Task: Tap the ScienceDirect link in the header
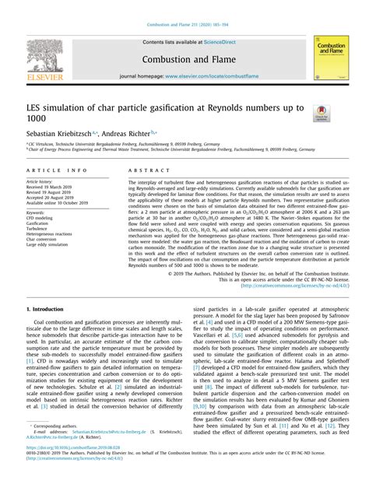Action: coord(220,43)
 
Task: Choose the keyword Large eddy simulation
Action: coord(47,244)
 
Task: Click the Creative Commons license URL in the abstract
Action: coord(295,285)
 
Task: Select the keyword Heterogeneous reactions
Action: coord(49,233)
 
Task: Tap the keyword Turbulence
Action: coord(37,227)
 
